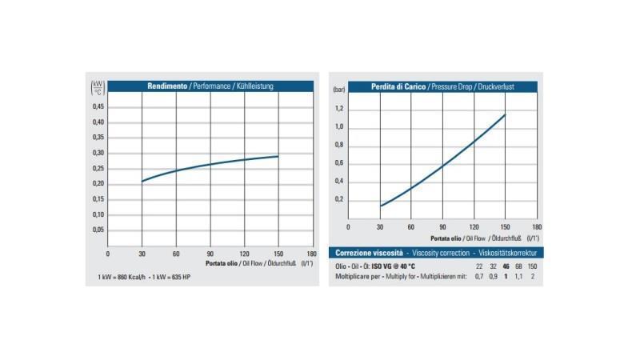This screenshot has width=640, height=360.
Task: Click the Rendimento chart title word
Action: [167, 86]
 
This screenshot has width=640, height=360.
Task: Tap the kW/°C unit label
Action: [98, 86]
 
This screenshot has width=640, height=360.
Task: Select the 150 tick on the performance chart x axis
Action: [278, 254]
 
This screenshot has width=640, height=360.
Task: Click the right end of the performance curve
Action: [278, 156]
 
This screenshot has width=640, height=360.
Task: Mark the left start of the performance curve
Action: [142, 182]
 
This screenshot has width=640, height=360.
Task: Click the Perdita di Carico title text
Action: [398, 86]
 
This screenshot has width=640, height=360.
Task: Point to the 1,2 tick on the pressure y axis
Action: [338, 109]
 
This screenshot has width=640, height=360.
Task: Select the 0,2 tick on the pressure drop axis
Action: [338, 198]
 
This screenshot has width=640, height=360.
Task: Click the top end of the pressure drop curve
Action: [506, 114]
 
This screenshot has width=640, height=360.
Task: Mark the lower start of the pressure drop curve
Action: [380, 206]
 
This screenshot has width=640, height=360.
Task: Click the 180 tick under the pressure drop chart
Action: [537, 227]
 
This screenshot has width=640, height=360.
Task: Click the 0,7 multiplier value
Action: [479, 276]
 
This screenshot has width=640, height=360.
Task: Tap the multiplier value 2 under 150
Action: [532, 276]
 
